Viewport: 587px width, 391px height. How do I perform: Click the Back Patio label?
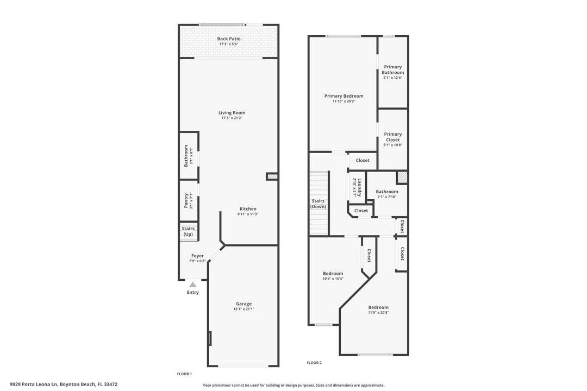click(x=229, y=39)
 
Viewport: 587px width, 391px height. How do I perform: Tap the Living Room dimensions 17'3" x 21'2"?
click(x=232, y=118)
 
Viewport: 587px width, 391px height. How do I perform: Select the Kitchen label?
click(x=248, y=209)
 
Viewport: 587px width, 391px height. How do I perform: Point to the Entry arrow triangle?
click(x=193, y=283)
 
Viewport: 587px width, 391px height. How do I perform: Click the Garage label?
click(x=243, y=304)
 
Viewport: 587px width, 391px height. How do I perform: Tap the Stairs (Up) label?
click(x=188, y=231)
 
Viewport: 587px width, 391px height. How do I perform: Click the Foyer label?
click(x=197, y=256)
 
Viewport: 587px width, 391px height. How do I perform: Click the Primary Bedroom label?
click(x=344, y=96)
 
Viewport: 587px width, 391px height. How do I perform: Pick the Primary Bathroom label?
click(x=392, y=70)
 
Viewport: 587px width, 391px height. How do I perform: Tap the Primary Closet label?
click(x=392, y=137)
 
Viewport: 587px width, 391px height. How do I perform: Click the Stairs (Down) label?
click(x=319, y=204)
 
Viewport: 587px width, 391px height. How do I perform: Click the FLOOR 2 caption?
click(x=314, y=363)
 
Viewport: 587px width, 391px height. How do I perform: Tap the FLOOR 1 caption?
click(x=184, y=374)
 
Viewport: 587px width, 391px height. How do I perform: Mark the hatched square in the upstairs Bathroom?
click(x=402, y=177)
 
